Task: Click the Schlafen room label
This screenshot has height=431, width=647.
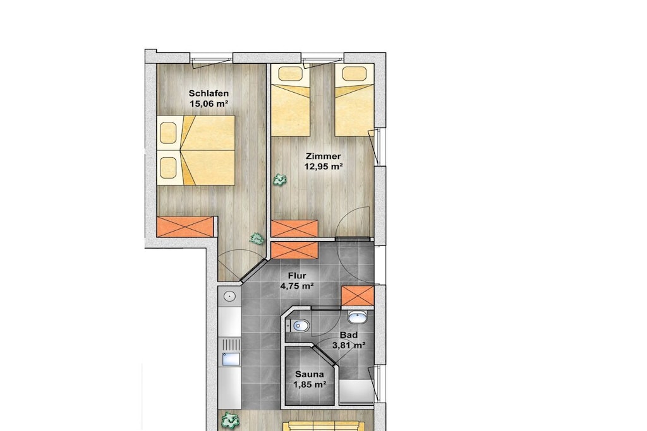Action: click(x=209, y=93)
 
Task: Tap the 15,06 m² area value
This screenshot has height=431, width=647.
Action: click(x=209, y=104)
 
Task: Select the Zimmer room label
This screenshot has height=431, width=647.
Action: click(x=323, y=156)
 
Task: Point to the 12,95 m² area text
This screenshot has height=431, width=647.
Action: click(x=324, y=167)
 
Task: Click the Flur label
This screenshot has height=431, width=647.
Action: click(x=297, y=276)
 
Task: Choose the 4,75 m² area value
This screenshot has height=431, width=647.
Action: click(x=297, y=286)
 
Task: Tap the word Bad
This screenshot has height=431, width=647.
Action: click(x=349, y=335)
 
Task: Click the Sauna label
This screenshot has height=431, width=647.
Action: click(x=309, y=375)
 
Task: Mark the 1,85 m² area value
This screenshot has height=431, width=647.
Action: click(x=310, y=385)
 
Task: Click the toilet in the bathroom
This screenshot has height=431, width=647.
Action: click(x=299, y=326)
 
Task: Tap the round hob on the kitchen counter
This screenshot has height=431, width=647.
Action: click(x=229, y=296)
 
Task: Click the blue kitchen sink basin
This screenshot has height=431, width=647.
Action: click(x=231, y=359)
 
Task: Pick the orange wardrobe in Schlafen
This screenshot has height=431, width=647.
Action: click(x=185, y=227)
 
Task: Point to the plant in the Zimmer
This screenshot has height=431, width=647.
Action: click(x=280, y=180)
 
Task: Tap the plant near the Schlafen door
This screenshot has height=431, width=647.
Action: click(x=257, y=239)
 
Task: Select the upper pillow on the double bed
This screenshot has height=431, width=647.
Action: click(x=168, y=133)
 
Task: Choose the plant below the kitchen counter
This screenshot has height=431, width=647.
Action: click(x=230, y=420)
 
